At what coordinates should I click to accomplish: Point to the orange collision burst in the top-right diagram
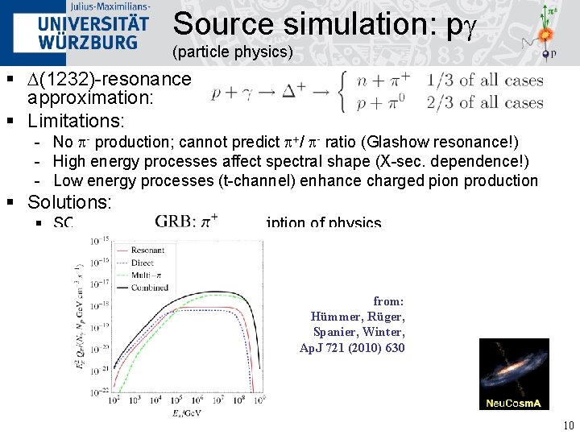[545, 35]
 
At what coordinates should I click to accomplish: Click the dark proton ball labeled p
[545, 55]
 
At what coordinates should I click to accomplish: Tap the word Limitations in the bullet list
[76, 122]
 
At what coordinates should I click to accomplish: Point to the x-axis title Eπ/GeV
[186, 412]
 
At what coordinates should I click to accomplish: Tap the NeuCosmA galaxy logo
[514, 374]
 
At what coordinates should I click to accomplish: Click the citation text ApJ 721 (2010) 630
[352, 348]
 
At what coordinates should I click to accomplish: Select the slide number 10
[568, 425]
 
